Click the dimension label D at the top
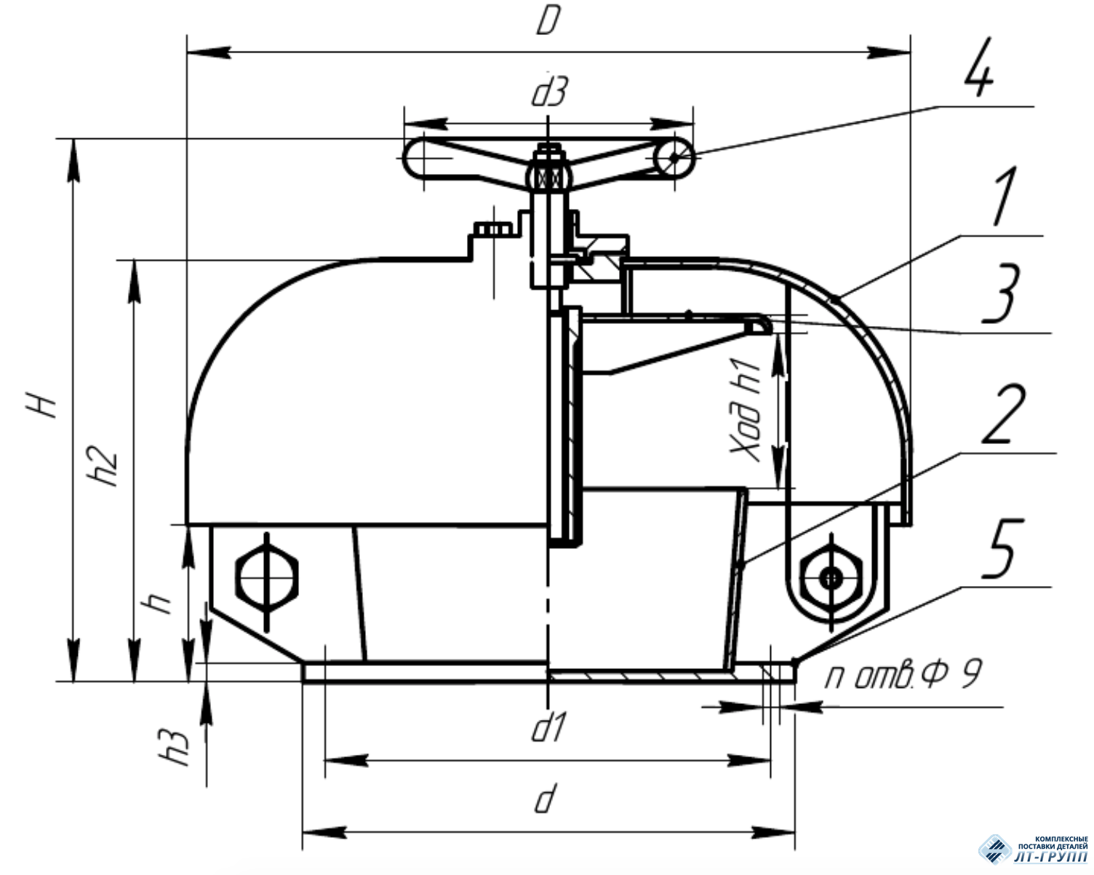tap(548, 21)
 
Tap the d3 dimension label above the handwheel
tap(549, 92)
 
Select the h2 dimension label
tap(103, 466)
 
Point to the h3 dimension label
tap(175, 748)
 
